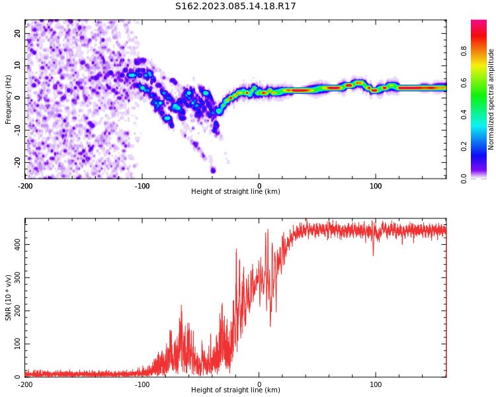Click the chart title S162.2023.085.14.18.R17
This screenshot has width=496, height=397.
click(x=235, y=6)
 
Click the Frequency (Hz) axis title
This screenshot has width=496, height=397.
click(x=9, y=99)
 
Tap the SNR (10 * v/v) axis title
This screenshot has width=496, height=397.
click(x=9, y=298)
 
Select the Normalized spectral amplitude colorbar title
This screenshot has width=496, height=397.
click(x=491, y=99)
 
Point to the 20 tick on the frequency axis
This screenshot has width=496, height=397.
click(x=18, y=33)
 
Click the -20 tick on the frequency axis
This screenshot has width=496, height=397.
click(x=17, y=161)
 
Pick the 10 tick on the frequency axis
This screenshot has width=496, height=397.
click(x=18, y=66)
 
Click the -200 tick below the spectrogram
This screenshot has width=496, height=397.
click(x=25, y=185)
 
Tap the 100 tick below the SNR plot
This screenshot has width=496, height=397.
click(x=376, y=384)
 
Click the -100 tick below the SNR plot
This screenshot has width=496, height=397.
click(x=142, y=384)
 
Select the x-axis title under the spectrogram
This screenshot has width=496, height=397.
click(x=235, y=192)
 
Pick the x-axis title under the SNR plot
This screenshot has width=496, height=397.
click(x=235, y=390)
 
